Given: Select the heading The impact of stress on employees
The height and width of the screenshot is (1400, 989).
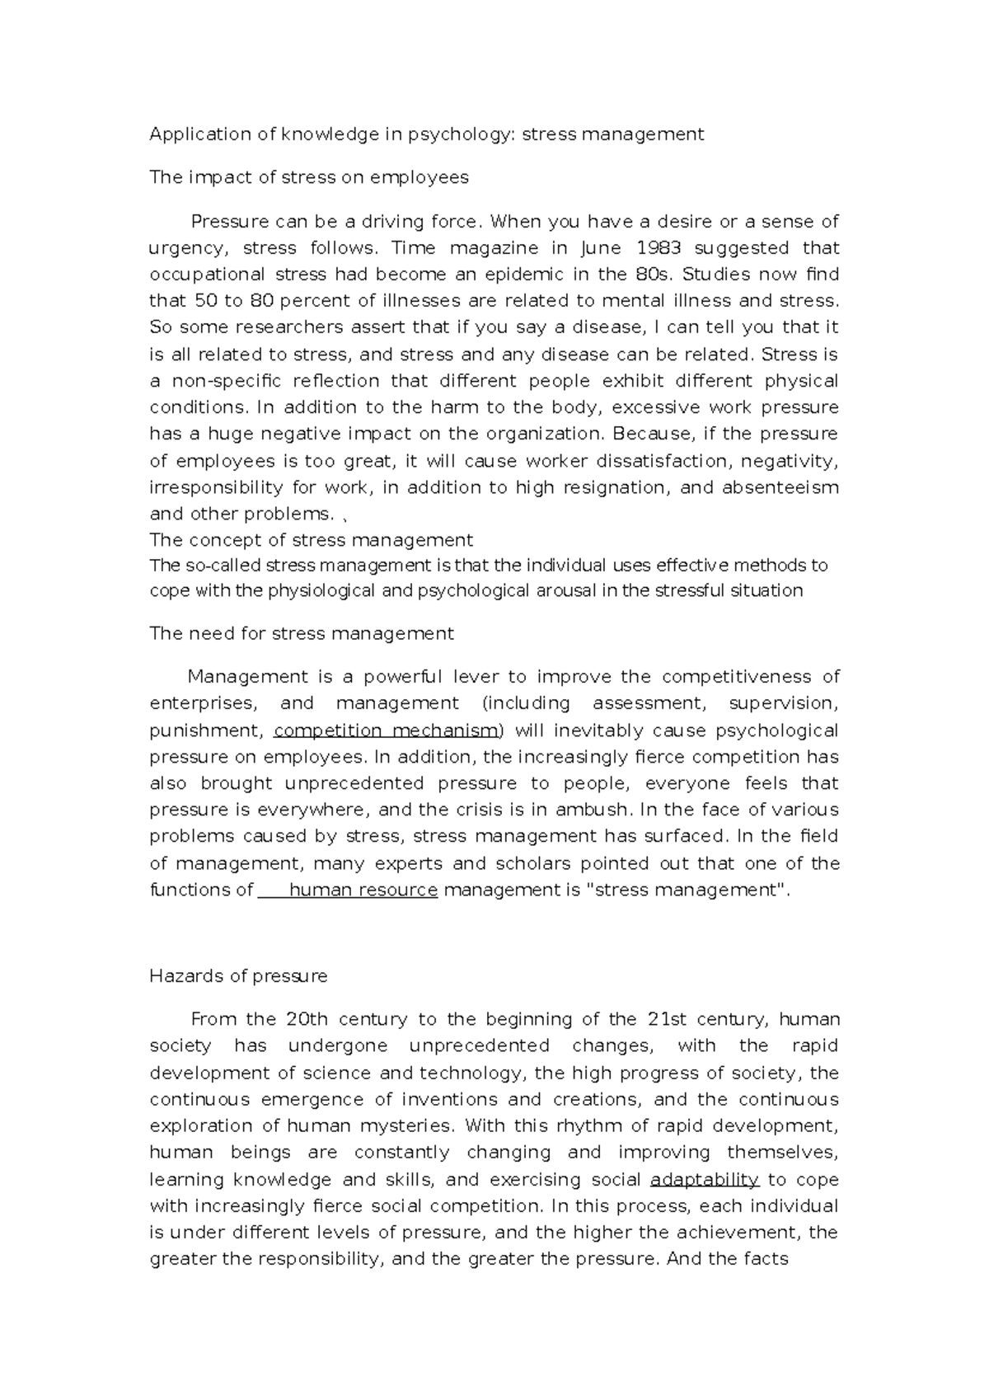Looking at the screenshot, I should pos(308,177).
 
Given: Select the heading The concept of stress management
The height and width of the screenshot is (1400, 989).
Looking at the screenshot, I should pos(311,540).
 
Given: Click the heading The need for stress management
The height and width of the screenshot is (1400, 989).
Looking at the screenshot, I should pos(301,633).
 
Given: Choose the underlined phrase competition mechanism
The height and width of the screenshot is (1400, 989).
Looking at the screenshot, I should pos(387,731).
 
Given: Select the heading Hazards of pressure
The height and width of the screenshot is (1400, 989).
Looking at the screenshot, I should pos(238,976).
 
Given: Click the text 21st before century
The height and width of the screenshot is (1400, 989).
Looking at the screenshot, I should pos(668,1019).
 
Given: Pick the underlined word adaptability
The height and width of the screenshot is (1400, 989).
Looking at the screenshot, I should pos(704,1179).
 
